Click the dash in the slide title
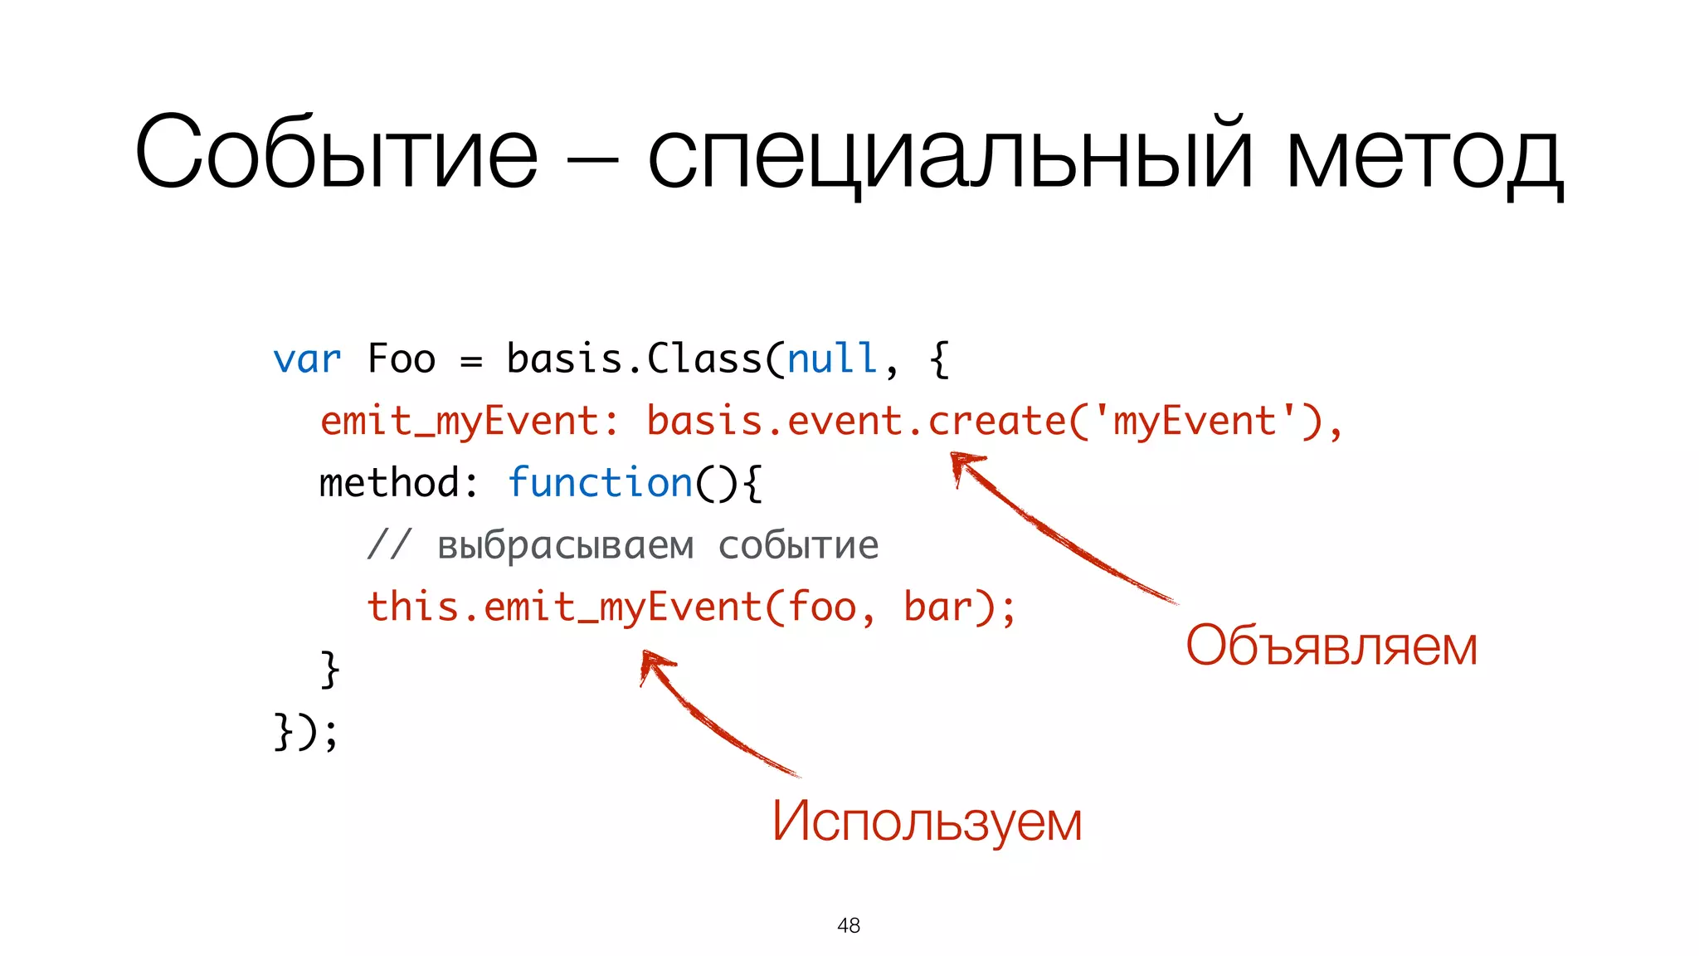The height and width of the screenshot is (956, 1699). (x=591, y=158)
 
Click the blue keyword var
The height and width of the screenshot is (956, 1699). (x=306, y=360)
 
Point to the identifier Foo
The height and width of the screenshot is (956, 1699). (x=401, y=359)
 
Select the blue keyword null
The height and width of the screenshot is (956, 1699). (x=831, y=359)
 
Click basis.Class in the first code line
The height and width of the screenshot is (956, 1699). (x=635, y=359)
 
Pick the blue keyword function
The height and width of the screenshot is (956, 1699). (x=600, y=483)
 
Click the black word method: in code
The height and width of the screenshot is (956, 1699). (x=399, y=483)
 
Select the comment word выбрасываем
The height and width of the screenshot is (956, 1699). (x=566, y=545)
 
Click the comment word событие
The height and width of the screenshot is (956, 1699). (x=798, y=545)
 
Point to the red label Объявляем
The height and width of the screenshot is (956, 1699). (x=1331, y=646)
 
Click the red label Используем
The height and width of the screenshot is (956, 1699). (x=927, y=822)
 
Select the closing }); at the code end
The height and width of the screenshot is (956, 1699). (x=306, y=731)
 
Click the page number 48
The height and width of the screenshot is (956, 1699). (x=849, y=925)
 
